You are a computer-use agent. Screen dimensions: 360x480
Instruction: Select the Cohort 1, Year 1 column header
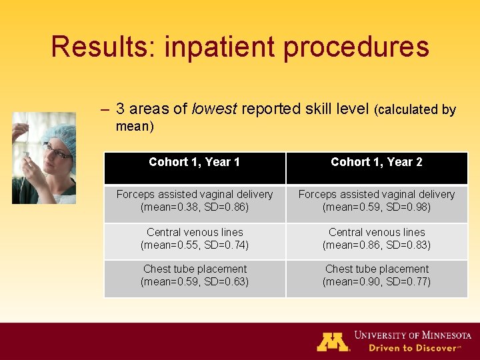click(x=195, y=162)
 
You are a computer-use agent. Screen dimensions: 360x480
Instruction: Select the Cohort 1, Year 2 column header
click(x=377, y=162)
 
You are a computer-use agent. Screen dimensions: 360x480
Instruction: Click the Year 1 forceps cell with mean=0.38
click(x=195, y=201)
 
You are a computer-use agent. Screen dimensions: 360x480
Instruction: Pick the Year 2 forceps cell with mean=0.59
click(x=377, y=201)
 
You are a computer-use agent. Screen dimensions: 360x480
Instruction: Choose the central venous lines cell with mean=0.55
click(x=195, y=239)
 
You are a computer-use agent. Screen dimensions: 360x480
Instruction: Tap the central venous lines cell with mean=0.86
click(x=377, y=239)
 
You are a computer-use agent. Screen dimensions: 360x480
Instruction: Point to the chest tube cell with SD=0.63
click(x=195, y=275)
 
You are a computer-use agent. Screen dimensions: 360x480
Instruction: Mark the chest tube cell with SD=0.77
click(x=377, y=275)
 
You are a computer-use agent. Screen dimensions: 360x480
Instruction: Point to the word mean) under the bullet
click(x=135, y=126)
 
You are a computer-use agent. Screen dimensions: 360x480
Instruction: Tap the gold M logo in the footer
click(x=333, y=341)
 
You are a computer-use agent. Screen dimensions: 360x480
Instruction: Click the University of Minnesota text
click(x=413, y=335)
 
